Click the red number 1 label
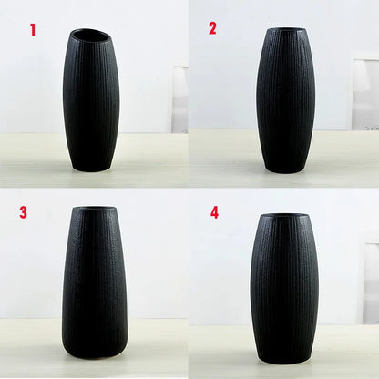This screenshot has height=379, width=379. pyautogui.click(x=33, y=30)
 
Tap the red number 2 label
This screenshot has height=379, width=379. pyautogui.click(x=212, y=28)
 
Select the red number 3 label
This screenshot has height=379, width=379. pyautogui.click(x=24, y=212)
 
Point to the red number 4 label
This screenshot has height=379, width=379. pyautogui.click(x=215, y=212)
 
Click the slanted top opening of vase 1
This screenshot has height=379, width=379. pyautogui.click(x=90, y=36)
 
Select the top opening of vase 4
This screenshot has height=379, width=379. pyautogui.click(x=286, y=217)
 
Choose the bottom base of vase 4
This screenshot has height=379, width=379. pyautogui.click(x=285, y=357)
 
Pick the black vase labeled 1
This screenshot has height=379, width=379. pyautogui.click(x=91, y=100)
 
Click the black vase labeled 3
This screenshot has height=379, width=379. pyautogui.click(x=95, y=282)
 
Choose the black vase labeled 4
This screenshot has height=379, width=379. pyautogui.click(x=285, y=287)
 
